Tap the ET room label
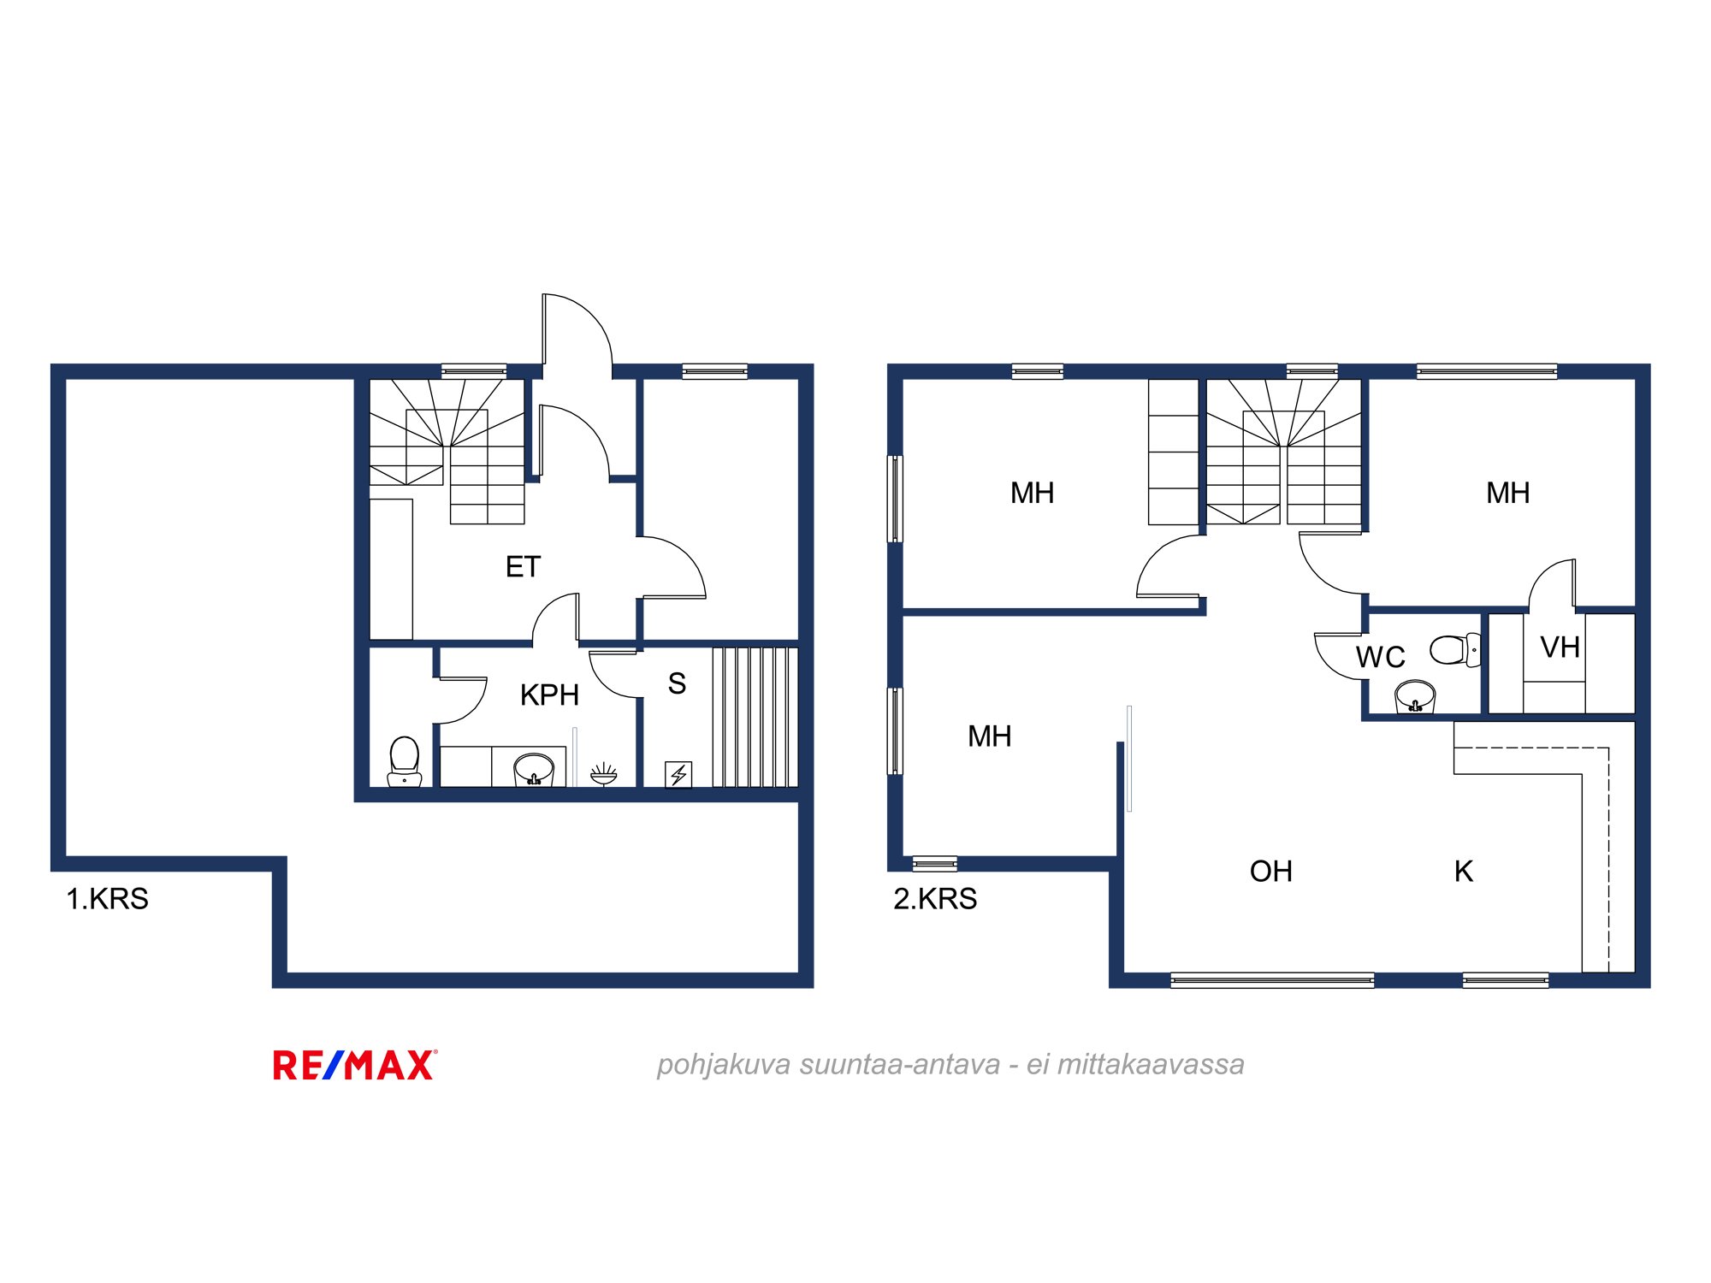[x=523, y=566]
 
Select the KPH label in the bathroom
[x=549, y=695]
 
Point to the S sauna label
[x=677, y=683]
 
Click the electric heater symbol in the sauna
[x=678, y=774]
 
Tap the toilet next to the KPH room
[x=405, y=761]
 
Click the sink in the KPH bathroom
[x=534, y=769]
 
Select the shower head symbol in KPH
[x=604, y=774]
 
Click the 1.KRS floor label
[x=108, y=899]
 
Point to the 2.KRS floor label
[x=935, y=899]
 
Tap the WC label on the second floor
[x=1381, y=657]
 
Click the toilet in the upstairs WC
[x=1455, y=650]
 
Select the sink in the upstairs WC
[x=1415, y=697]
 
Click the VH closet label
[x=1560, y=647]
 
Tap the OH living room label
[x=1271, y=872]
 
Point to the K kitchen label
[x=1464, y=872]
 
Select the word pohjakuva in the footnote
[x=724, y=1066]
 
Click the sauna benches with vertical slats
[x=755, y=718]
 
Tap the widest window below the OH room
[x=1272, y=980]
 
